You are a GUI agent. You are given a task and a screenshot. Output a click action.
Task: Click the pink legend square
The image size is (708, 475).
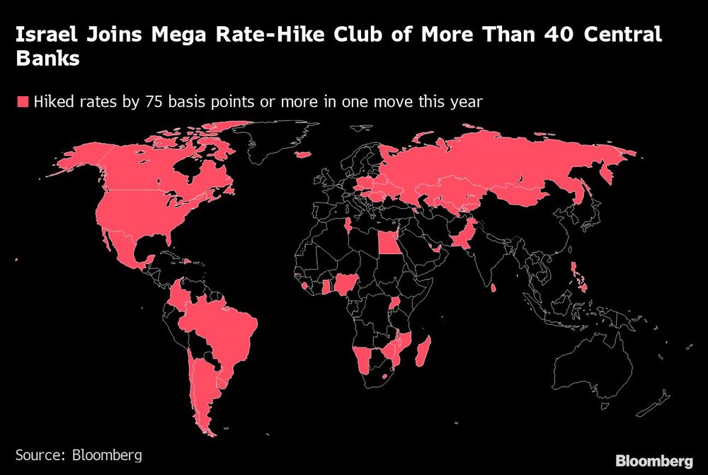[21, 102]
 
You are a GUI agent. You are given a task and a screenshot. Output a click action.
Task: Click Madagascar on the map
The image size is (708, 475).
[423, 351]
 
